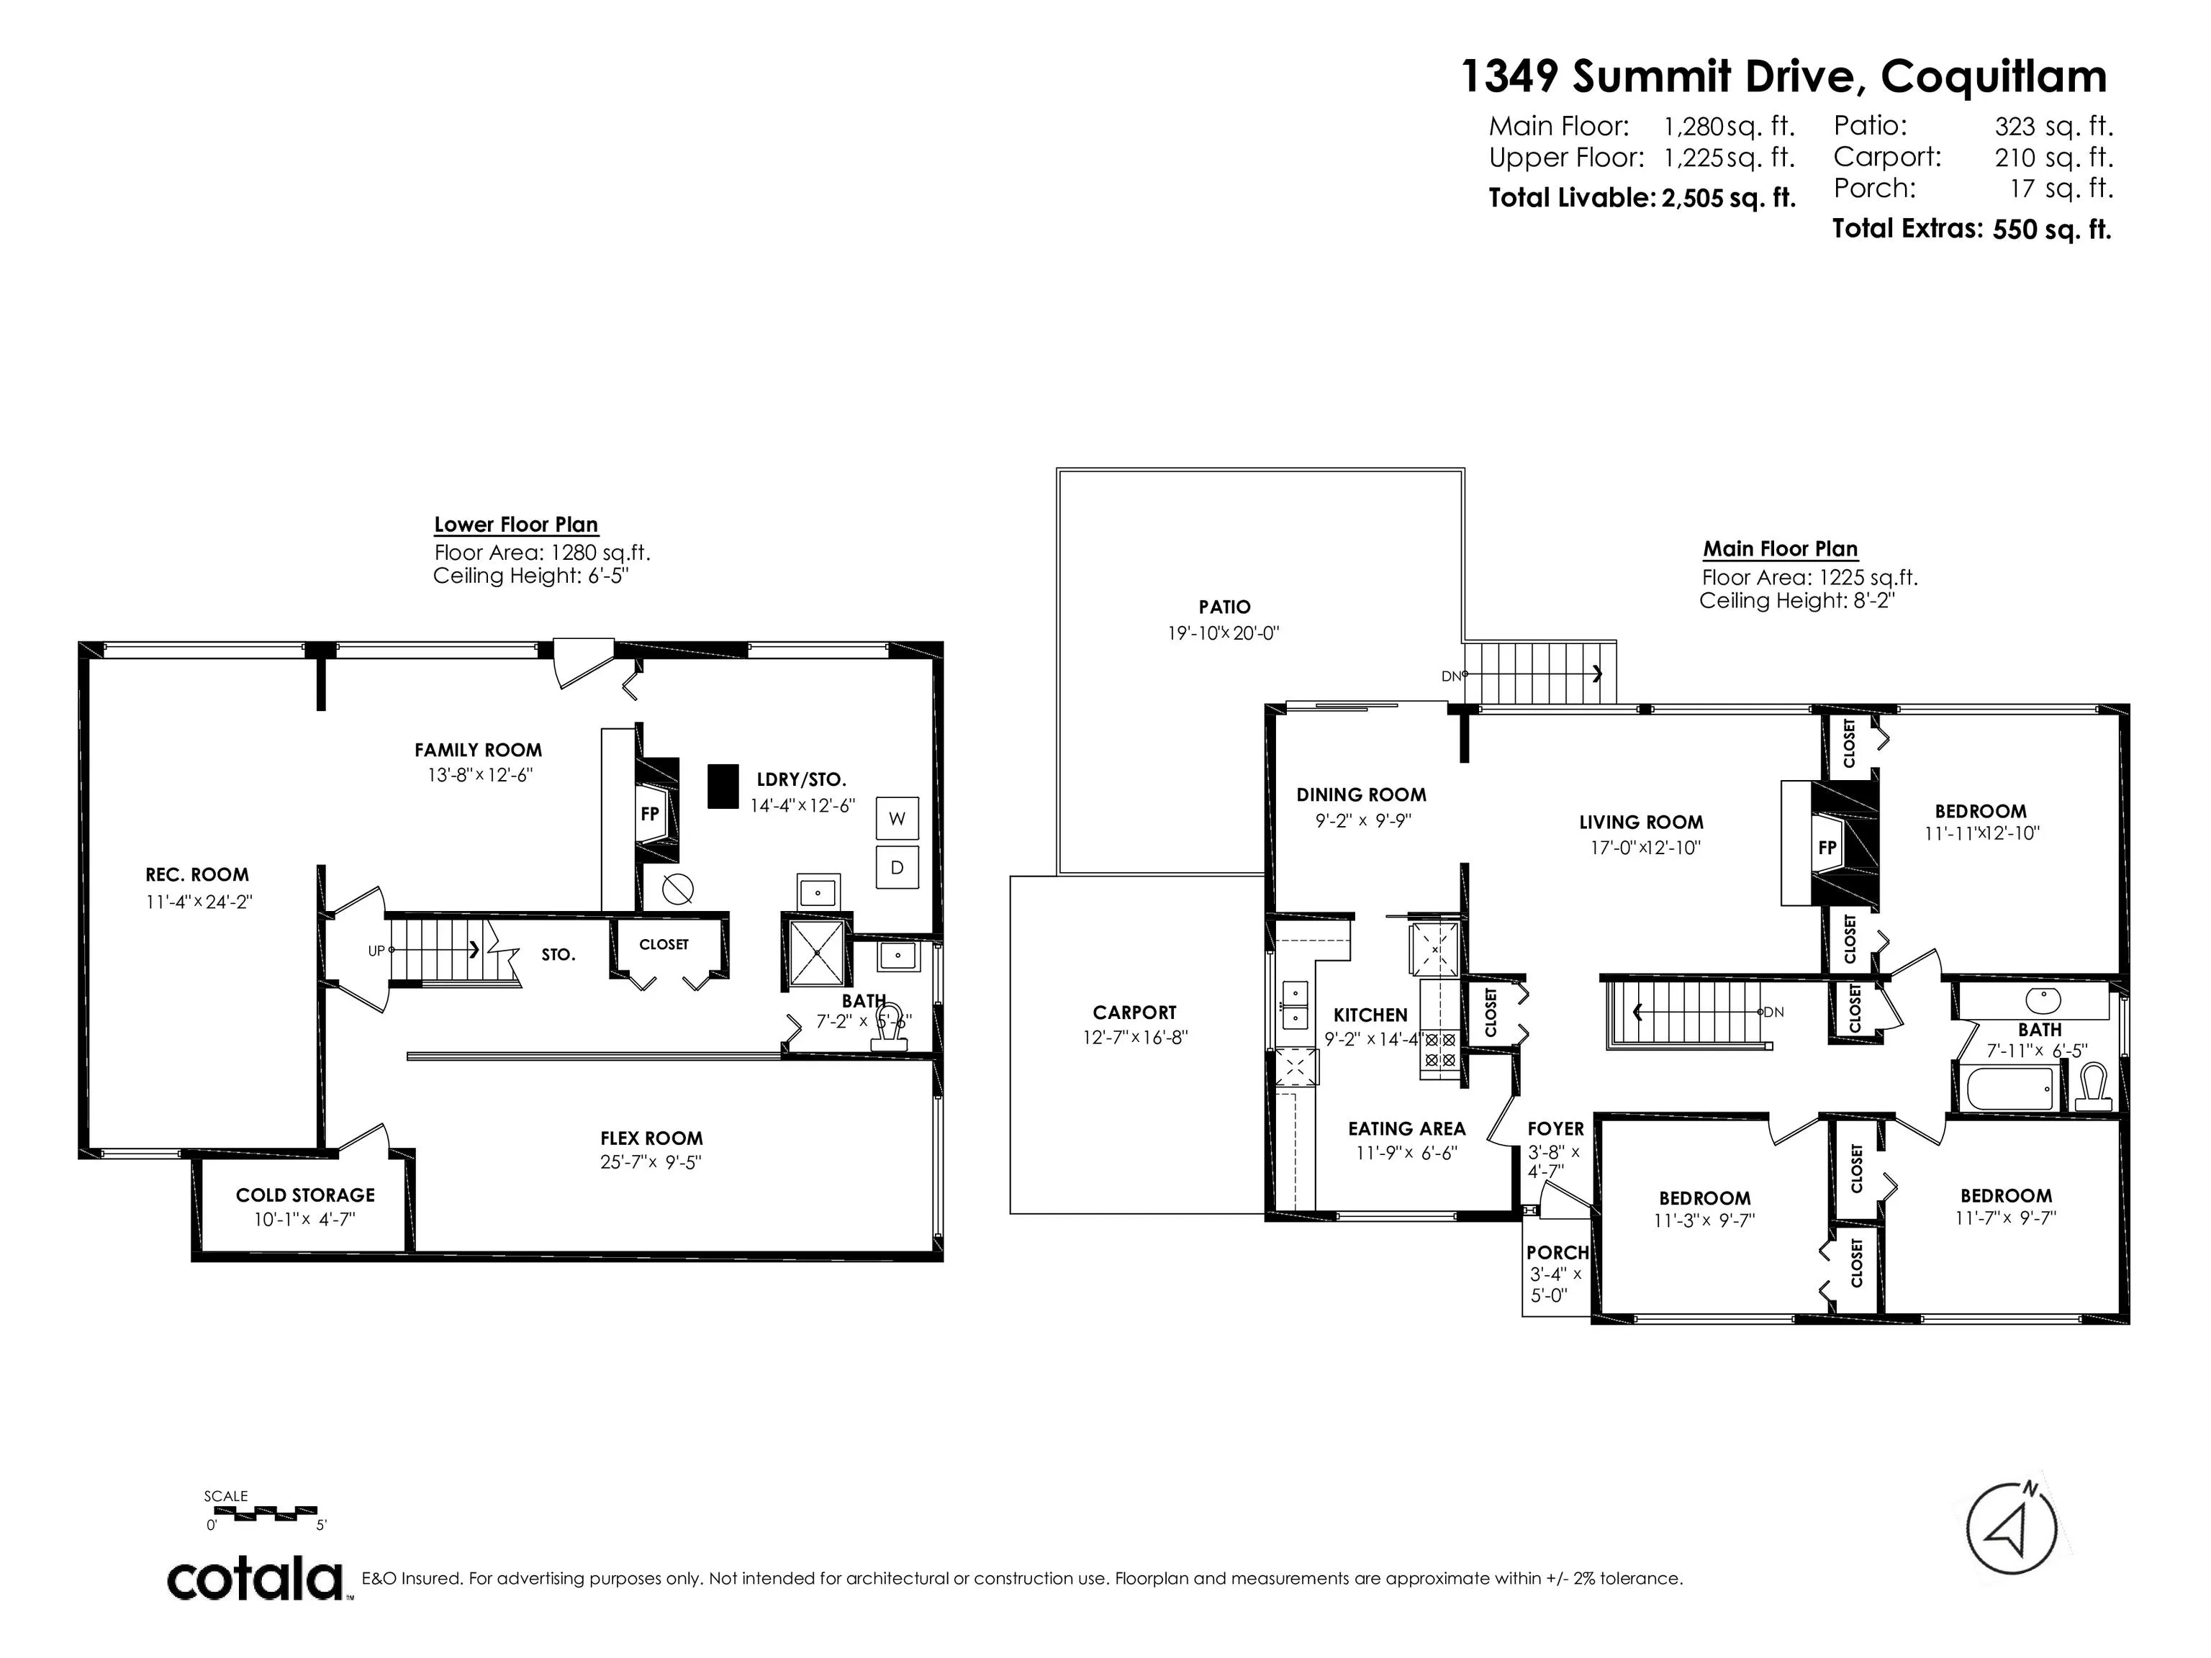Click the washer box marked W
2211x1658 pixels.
coord(897,818)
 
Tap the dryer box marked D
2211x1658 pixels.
coord(897,867)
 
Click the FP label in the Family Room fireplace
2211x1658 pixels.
coord(650,813)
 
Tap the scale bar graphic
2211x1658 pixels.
coord(266,1512)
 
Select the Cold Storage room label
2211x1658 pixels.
coord(305,1195)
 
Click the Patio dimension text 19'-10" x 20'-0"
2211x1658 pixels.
coord(1224,633)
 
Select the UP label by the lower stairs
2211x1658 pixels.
coord(376,951)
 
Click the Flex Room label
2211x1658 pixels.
coord(651,1137)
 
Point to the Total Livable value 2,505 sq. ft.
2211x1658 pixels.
coord(1728,198)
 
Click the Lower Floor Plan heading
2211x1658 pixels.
coord(516,525)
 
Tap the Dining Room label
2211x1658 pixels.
coord(1362,794)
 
